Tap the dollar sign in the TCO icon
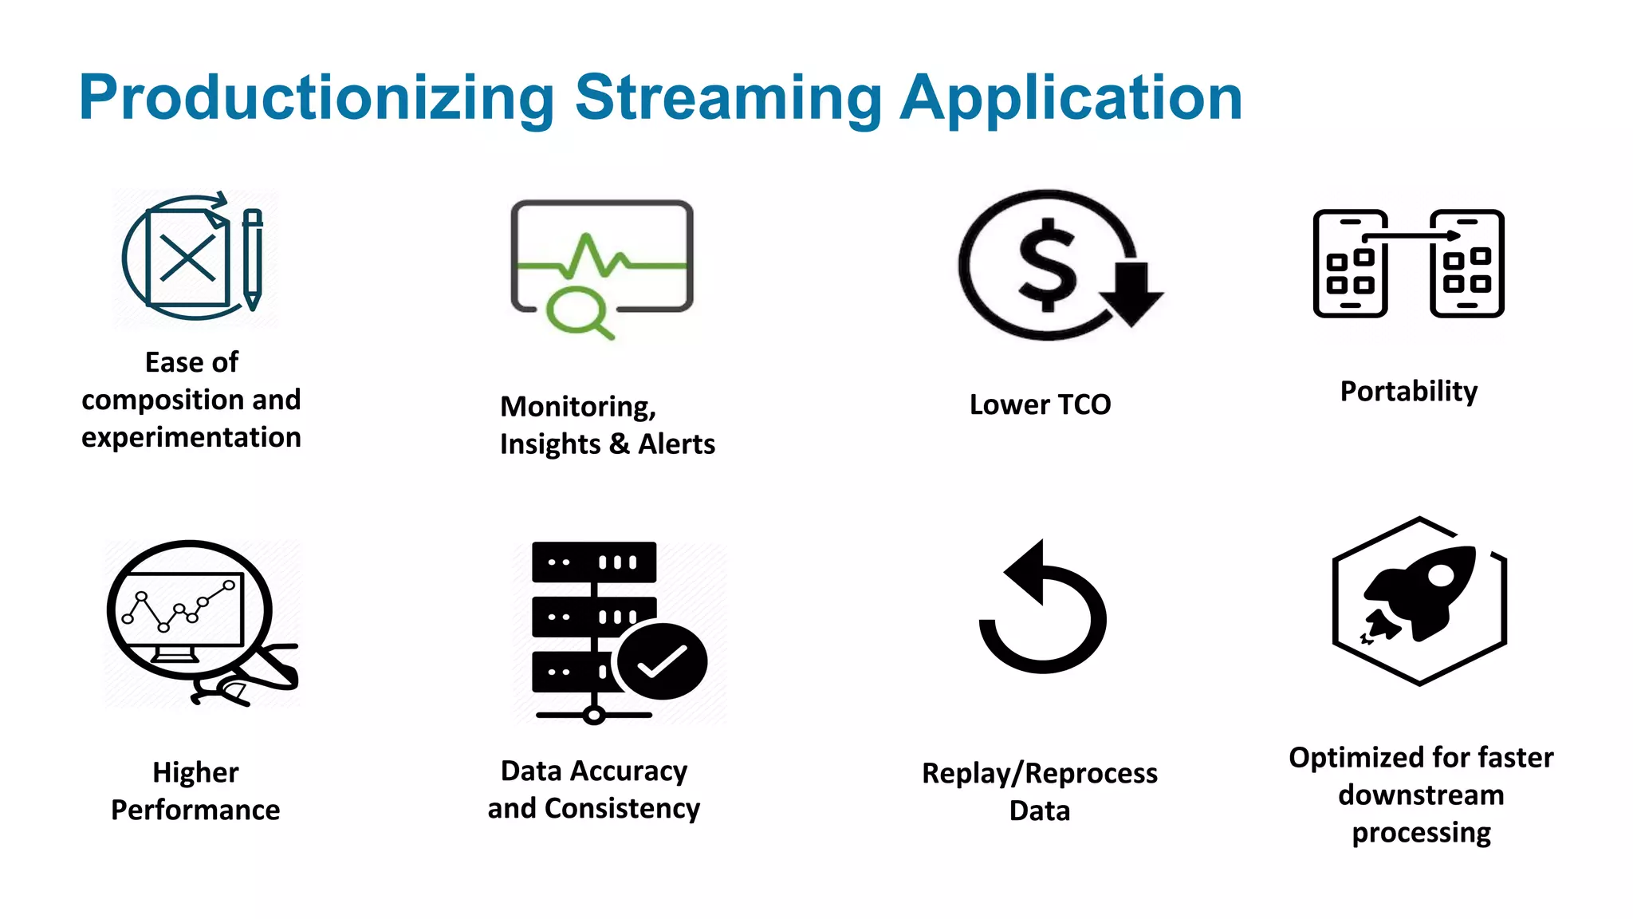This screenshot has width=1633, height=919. (1046, 265)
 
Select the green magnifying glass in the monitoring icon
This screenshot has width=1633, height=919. (576, 312)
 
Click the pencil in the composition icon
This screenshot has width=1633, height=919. (253, 259)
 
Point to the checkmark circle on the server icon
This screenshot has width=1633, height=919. (662, 661)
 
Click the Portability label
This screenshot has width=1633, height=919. (1408, 392)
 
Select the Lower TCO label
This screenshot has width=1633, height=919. (1040, 405)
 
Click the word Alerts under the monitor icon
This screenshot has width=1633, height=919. (676, 444)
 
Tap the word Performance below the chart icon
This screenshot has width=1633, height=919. (195, 811)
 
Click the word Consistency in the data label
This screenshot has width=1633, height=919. (622, 809)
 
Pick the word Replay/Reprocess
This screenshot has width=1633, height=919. (1039, 773)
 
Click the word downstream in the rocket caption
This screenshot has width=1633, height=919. (1421, 795)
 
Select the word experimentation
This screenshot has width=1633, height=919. (191, 438)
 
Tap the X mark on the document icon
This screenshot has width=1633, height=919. (187, 258)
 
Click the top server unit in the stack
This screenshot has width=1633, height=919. (594, 562)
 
